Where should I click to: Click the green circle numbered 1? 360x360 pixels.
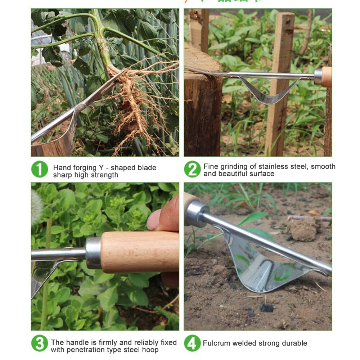tap(39, 170)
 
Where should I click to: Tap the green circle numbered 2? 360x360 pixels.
tap(193, 169)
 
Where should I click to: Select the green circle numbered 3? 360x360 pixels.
tap(39, 343)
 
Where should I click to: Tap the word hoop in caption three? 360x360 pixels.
tap(149, 350)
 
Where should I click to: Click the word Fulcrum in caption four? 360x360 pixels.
tap(216, 343)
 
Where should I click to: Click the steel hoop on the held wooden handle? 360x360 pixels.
tap(93, 252)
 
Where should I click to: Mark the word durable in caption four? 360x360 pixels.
tap(294, 343)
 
